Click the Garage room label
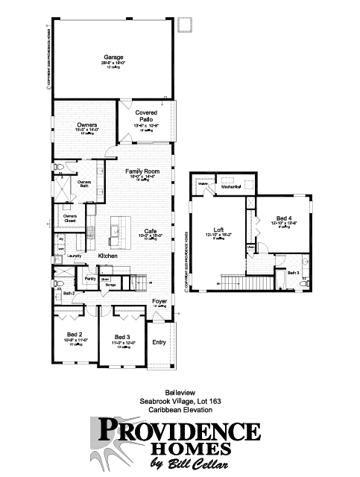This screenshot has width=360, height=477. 113,56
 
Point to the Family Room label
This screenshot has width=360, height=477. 142,172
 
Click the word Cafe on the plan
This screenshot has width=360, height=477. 150,230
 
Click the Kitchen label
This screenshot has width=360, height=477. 109,256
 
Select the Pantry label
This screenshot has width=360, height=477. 91,279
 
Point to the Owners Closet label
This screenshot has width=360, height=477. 70,218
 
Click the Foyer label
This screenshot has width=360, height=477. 160,301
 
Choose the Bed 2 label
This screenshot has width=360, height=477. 75,335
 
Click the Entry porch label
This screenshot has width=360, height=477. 159,342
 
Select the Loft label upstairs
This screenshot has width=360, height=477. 218,230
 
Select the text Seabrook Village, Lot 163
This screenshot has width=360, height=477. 180,401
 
